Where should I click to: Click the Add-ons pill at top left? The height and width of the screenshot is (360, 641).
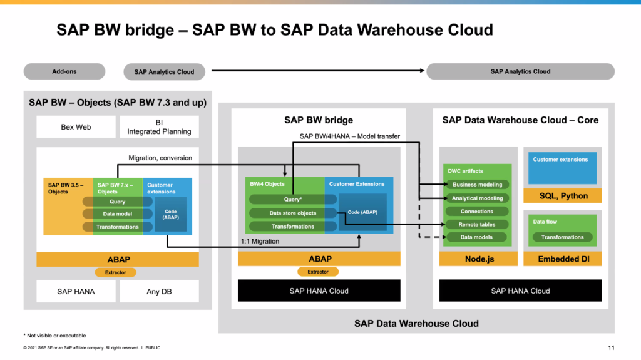tap(64, 71)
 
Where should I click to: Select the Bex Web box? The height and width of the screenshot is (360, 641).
tap(76, 127)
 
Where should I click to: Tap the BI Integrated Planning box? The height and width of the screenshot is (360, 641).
tap(159, 127)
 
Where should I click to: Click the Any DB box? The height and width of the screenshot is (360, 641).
tap(159, 291)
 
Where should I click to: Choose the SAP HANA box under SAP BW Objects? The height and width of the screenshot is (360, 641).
tap(76, 291)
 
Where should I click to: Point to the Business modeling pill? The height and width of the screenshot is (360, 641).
tap(478, 185)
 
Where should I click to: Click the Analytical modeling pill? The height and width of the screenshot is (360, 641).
tap(478, 198)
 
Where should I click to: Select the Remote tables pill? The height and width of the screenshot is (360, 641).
tap(476, 224)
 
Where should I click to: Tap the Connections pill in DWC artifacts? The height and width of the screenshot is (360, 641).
tap(476, 212)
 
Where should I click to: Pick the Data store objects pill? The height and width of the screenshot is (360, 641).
tap(293, 213)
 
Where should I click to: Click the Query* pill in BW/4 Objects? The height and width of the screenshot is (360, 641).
tap(293, 199)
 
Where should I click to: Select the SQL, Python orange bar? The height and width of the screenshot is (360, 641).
tap(563, 196)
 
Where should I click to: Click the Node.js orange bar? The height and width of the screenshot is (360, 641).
tap(479, 259)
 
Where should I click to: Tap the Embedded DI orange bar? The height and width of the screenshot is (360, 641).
tap(563, 259)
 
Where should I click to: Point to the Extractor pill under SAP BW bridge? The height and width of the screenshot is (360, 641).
tap(318, 272)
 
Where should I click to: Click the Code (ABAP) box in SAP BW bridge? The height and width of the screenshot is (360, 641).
tap(362, 212)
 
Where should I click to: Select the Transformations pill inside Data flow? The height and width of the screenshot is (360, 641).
tap(563, 237)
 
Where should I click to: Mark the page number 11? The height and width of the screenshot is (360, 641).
tap(611, 347)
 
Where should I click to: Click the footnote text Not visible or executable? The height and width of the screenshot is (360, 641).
tap(56, 336)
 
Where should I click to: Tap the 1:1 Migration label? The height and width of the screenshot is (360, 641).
tap(260, 242)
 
